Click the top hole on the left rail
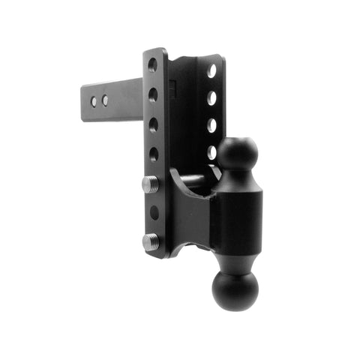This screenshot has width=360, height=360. [153, 64]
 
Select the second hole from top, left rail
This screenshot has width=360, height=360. [153, 94]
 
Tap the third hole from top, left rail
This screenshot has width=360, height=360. [153, 124]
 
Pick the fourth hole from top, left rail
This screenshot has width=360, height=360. [153, 154]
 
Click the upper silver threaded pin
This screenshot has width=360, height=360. [150, 184]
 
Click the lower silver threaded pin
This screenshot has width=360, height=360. [150, 241]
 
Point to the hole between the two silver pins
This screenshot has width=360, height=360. [154, 212]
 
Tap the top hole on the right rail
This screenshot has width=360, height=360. [212, 70]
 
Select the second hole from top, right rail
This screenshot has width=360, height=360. [212, 98]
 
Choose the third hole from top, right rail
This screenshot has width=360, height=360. [212, 125]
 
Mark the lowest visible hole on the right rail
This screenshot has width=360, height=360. [212, 152]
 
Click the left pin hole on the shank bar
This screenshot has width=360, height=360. [94, 99]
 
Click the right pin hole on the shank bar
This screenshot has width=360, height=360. [105, 100]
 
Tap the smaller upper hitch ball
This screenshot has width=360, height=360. [238, 153]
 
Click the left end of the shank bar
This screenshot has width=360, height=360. [84, 102]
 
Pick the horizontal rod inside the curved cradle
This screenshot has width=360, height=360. [193, 180]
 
